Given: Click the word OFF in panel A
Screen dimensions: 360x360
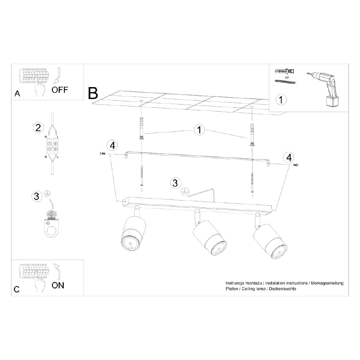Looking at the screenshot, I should click(59, 90).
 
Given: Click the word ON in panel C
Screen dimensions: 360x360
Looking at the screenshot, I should click(58, 285).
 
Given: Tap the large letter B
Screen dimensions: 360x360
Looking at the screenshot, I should click(93, 93).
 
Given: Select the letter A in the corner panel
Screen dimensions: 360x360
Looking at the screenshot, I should click(17, 94).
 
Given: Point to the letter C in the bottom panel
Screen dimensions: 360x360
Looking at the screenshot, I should click(17, 289).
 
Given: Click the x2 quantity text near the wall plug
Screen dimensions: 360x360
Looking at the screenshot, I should click(287, 77).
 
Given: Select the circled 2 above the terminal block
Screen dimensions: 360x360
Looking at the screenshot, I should click(38, 127).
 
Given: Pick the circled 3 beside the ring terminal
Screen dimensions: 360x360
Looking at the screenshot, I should click(36, 196).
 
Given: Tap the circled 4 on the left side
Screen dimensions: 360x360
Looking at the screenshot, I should click(112, 145).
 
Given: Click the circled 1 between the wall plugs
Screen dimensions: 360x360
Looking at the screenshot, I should click(198, 130).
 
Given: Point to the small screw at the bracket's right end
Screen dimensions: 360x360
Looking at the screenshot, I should click(296, 165).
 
